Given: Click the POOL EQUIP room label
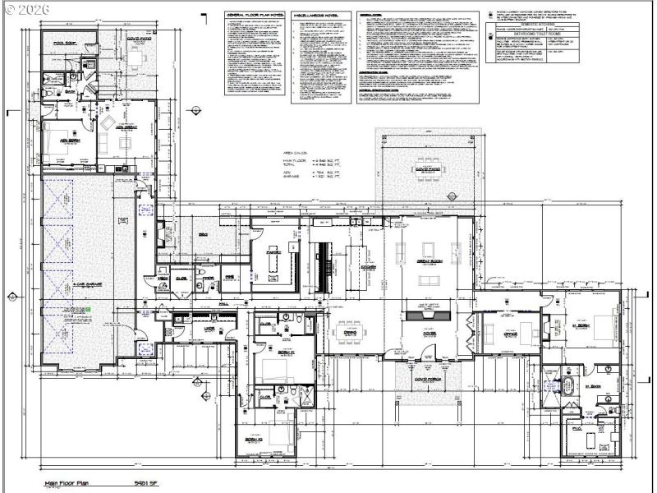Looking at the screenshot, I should pyautogui.click(x=65, y=42).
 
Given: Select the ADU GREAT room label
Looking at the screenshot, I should pyautogui.click(x=126, y=128).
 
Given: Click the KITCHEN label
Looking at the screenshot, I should pyautogui.click(x=370, y=269).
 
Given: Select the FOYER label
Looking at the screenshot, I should pyautogui.click(x=429, y=334).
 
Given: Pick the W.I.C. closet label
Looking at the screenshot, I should pyautogui.click(x=577, y=429).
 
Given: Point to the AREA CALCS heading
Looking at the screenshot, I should pyautogui.click(x=294, y=153).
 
